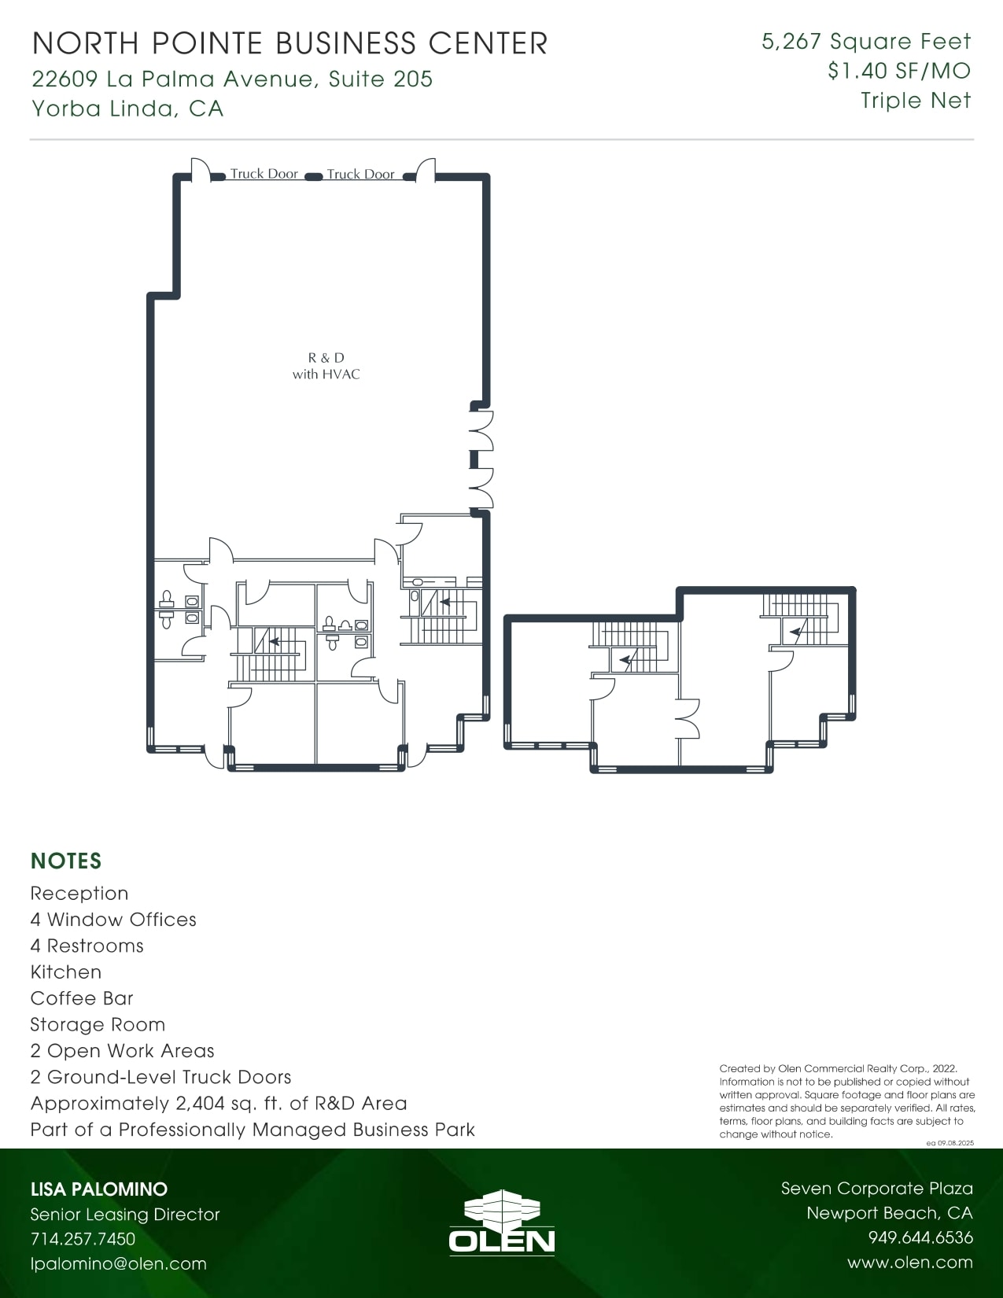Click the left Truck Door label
click(264, 174)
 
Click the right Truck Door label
click(360, 174)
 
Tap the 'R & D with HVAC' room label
click(326, 366)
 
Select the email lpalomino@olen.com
click(118, 1263)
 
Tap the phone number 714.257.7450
click(83, 1238)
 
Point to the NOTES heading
click(66, 861)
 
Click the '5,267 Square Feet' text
click(866, 42)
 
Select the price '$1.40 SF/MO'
click(899, 71)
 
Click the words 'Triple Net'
click(916, 101)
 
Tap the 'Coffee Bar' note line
click(82, 998)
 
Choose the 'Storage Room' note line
click(98, 1024)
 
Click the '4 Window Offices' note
click(113, 920)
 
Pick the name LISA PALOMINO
click(98, 1189)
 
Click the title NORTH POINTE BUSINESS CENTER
click(289, 43)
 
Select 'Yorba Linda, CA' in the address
click(127, 108)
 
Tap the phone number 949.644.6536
click(920, 1237)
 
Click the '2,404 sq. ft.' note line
click(219, 1103)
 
